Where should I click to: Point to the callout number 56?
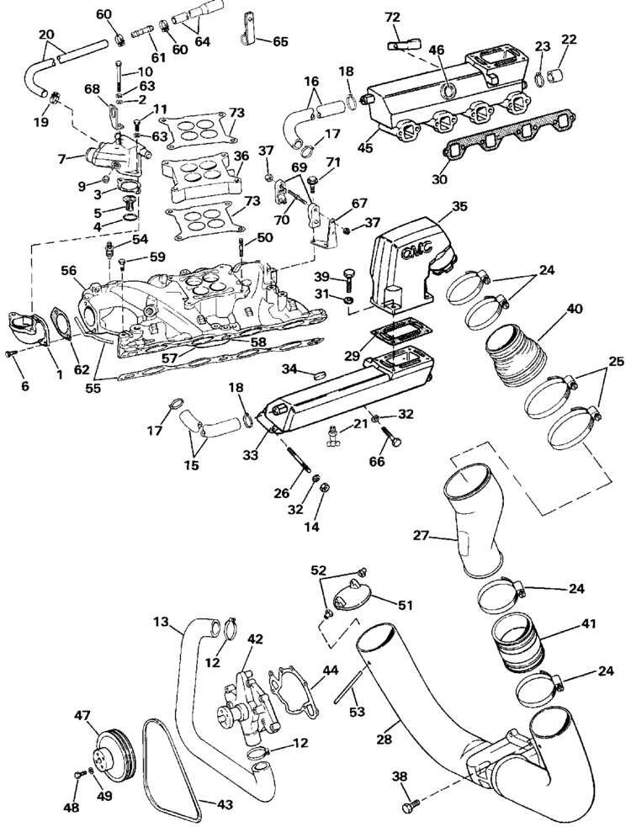(x=68, y=271)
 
